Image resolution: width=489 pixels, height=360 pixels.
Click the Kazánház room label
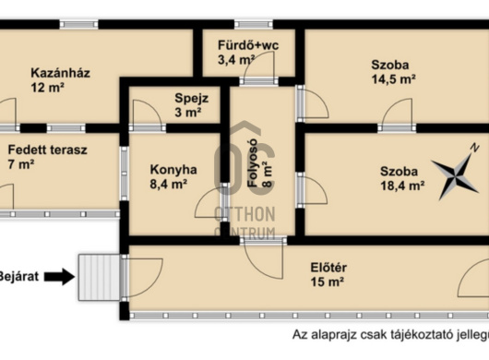coord(60,73)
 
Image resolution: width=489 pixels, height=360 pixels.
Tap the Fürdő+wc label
coord(248,45)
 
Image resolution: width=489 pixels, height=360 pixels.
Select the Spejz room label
coord(192,99)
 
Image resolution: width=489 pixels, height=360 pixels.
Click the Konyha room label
coord(173,170)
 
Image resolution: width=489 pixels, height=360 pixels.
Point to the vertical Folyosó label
coord(252,162)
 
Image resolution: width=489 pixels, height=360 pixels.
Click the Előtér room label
coord(328,268)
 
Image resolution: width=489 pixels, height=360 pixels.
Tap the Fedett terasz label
coord(47,150)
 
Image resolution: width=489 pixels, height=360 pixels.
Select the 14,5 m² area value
coord(393,79)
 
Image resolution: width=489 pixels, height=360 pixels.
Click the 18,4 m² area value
coord(402,186)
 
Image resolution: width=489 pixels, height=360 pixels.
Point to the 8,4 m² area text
coord(169,184)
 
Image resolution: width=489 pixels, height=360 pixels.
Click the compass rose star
coord(455,176)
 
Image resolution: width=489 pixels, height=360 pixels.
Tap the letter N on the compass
coord(474,148)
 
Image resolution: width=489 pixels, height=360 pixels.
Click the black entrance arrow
coord(59,277)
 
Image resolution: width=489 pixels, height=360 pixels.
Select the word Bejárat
coord(19,277)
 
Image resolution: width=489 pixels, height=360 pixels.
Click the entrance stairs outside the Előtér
coord(99,277)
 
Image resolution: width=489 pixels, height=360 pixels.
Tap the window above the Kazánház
coord(79,24)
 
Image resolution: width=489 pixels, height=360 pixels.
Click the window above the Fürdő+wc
coord(254,24)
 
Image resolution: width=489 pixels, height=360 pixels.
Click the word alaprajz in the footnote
coord(340,335)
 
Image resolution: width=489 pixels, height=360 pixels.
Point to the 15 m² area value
coord(328,282)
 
